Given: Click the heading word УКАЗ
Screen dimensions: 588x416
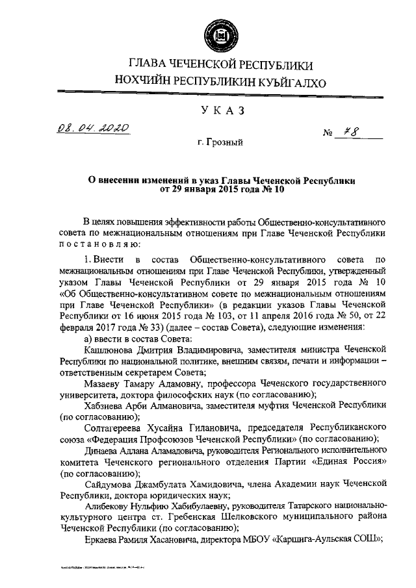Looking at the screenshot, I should [x=214, y=111].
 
